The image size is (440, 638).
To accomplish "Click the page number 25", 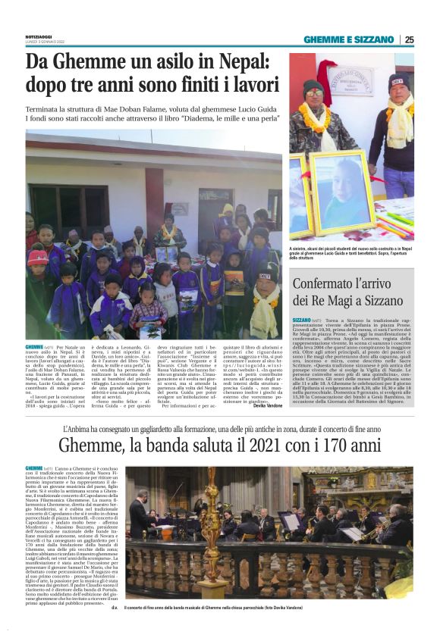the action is click(x=409, y=39).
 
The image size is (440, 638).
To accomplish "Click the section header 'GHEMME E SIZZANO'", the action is click(x=349, y=39).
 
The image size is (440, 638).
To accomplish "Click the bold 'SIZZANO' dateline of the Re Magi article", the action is click(x=301, y=321).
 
